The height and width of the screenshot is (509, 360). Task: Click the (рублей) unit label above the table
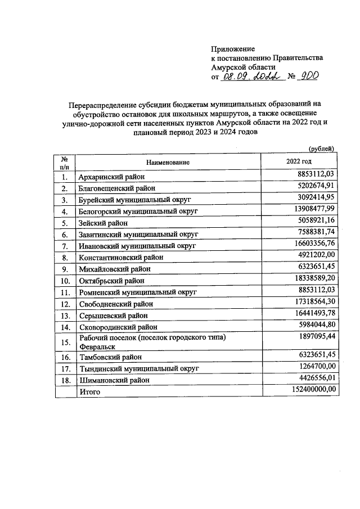point(322,148)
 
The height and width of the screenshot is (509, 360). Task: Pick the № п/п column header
point(65,163)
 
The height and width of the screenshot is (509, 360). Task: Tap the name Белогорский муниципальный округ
point(139,211)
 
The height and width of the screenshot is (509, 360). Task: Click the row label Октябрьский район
point(111,280)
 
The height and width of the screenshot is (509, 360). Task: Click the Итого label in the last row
point(89,391)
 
